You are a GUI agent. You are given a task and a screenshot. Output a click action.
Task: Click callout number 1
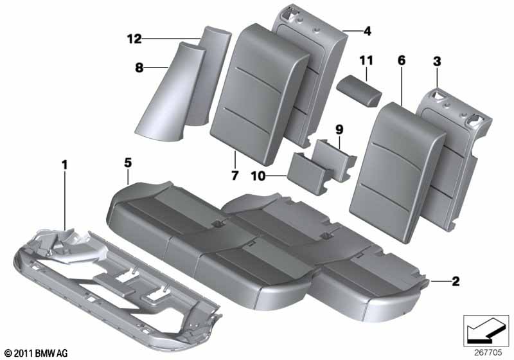click(x=64, y=166)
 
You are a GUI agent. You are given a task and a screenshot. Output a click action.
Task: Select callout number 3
click(x=437, y=62)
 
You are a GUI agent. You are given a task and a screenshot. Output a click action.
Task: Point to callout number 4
click(x=367, y=30)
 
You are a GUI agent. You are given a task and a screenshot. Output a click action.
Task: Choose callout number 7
click(x=235, y=175)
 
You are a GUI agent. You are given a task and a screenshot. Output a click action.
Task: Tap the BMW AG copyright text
click(x=35, y=353)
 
